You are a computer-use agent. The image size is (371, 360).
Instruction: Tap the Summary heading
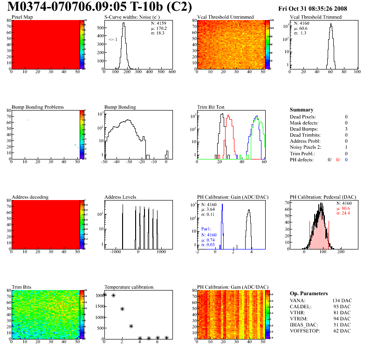point(302,110)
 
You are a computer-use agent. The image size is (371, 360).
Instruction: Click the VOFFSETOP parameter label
point(306,331)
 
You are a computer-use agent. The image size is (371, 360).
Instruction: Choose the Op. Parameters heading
point(309,293)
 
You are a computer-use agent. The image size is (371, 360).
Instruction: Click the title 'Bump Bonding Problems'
point(38,107)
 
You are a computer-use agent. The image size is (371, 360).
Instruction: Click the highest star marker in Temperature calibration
point(104,294)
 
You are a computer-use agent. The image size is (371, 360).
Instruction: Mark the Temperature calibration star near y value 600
point(131,326)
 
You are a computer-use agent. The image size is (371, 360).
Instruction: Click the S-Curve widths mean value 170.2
point(162,28)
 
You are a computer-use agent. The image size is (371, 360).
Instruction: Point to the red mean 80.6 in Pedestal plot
point(344,208)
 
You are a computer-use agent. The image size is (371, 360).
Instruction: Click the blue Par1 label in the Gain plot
point(206,229)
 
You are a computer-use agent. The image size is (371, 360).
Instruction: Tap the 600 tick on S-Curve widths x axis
point(172,72)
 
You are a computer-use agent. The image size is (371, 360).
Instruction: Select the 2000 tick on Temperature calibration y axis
point(99,296)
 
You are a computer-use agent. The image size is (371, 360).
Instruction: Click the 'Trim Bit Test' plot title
point(211,107)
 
